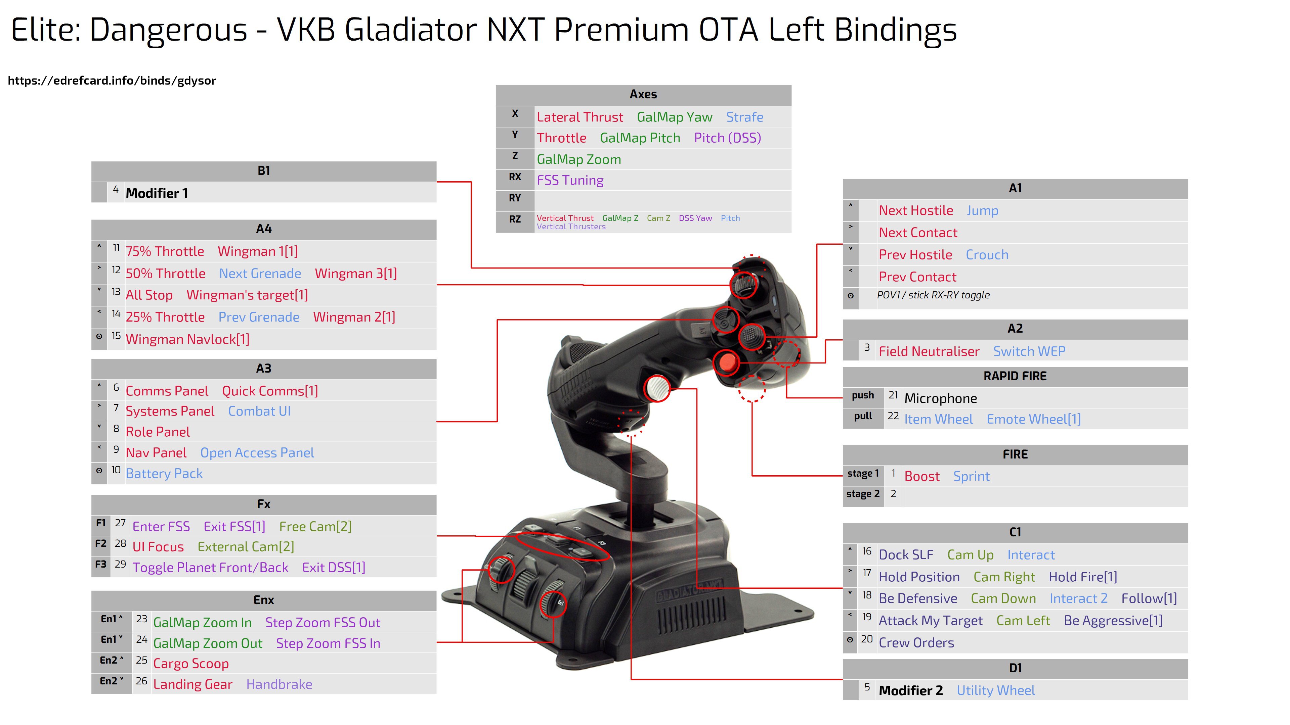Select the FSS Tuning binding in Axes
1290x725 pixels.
point(570,180)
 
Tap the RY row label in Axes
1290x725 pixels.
point(515,198)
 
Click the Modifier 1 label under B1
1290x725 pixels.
point(157,193)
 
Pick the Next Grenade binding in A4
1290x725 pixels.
point(260,274)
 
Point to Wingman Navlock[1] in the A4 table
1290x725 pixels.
point(187,339)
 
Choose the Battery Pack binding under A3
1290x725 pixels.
point(164,473)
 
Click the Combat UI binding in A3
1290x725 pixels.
point(259,411)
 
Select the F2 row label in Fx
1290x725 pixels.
point(101,543)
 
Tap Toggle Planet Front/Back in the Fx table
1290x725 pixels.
point(210,567)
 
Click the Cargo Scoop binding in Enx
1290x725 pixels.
point(191,664)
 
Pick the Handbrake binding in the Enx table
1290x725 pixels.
point(279,684)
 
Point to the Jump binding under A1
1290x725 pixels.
point(983,211)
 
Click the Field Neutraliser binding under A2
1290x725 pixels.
point(929,351)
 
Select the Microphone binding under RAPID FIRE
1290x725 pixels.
point(941,398)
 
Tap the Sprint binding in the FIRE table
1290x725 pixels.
point(972,476)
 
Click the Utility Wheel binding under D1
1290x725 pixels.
point(995,690)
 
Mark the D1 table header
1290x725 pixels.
point(1015,669)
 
